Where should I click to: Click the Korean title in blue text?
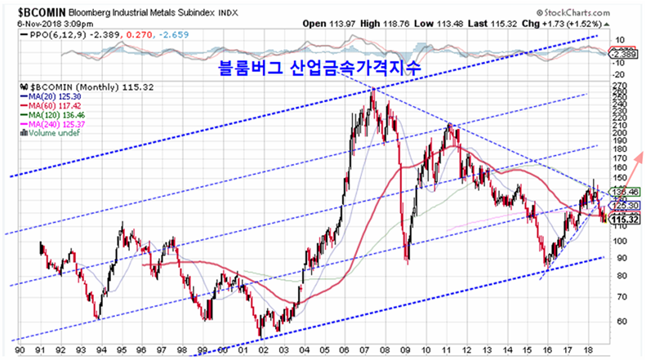tap(319, 69)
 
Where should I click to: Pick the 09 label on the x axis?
tap(405, 349)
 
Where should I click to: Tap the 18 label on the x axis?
tap(588, 349)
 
